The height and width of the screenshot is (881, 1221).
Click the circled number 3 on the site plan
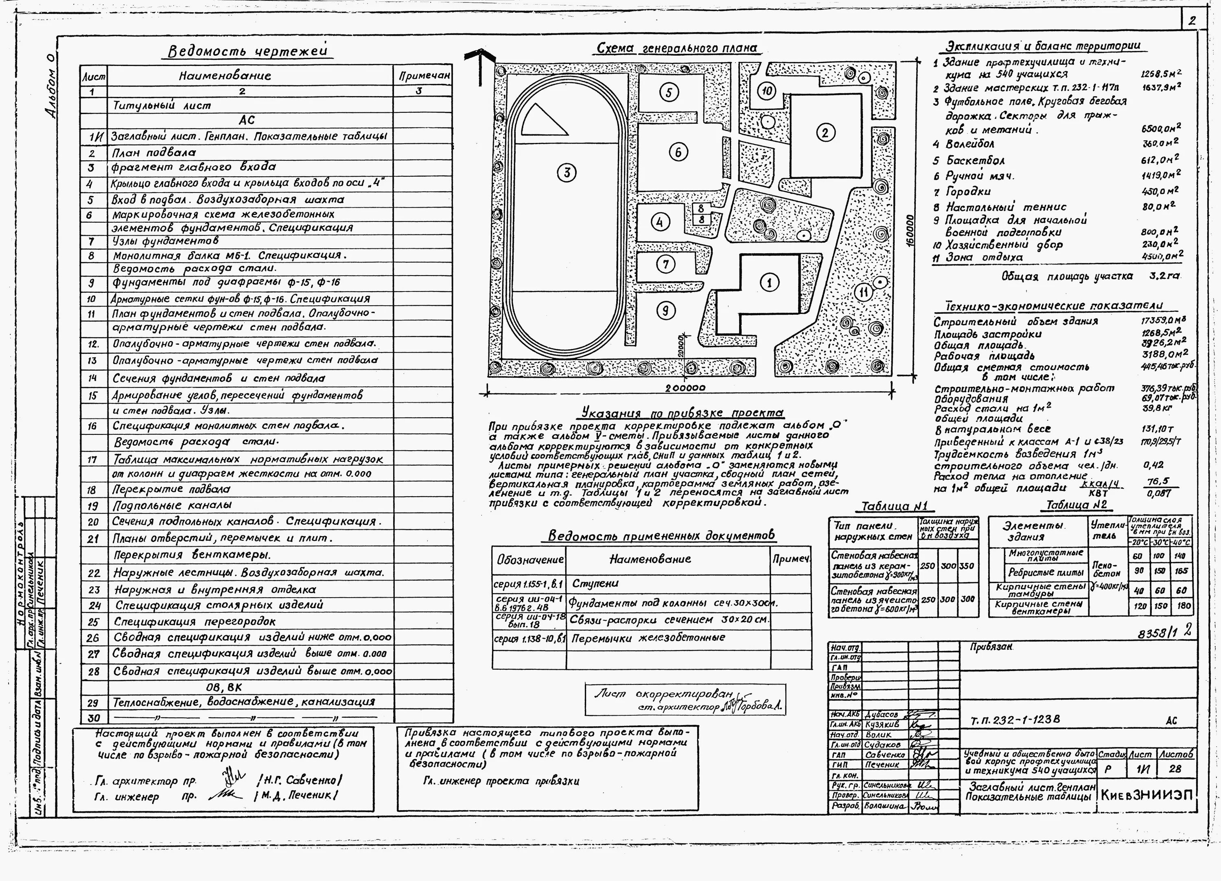pos(567,173)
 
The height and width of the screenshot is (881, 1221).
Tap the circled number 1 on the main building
pos(769,282)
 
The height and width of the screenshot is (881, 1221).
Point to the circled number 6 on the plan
pos(678,152)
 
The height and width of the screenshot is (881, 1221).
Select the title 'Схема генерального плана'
pos(677,48)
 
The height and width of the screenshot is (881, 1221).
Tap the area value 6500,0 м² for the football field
pos(1161,129)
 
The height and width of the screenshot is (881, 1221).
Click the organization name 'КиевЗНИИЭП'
pos(1147,795)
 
